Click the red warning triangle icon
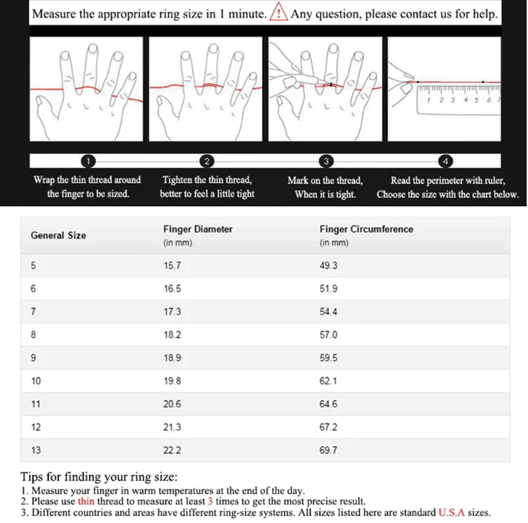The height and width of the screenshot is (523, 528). tap(278, 13)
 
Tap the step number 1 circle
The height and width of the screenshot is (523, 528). tap(87, 161)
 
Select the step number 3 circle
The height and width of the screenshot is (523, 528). tap(325, 161)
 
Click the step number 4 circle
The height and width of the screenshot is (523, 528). tap(445, 161)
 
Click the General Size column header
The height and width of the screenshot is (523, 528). tap(58, 235)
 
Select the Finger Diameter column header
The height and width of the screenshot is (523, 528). tap(198, 229)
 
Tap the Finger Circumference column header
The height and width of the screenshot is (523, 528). tap(367, 229)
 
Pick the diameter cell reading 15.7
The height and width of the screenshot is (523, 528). tap(172, 266)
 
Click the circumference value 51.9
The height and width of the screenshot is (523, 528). tap(329, 289)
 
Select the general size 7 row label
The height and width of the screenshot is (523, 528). tap(33, 312)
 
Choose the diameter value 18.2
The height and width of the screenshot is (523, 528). tap(172, 335)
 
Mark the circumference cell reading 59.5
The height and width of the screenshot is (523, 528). tap(329, 358)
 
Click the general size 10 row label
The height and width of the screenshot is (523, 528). tap(36, 381)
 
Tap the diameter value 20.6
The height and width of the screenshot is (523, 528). tap(172, 404)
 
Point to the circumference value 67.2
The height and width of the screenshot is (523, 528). tap(329, 427)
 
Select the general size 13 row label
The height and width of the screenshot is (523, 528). tap(36, 450)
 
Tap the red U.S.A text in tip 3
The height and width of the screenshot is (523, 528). tap(454, 512)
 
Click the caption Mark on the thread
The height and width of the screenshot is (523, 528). tap(325, 180)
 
